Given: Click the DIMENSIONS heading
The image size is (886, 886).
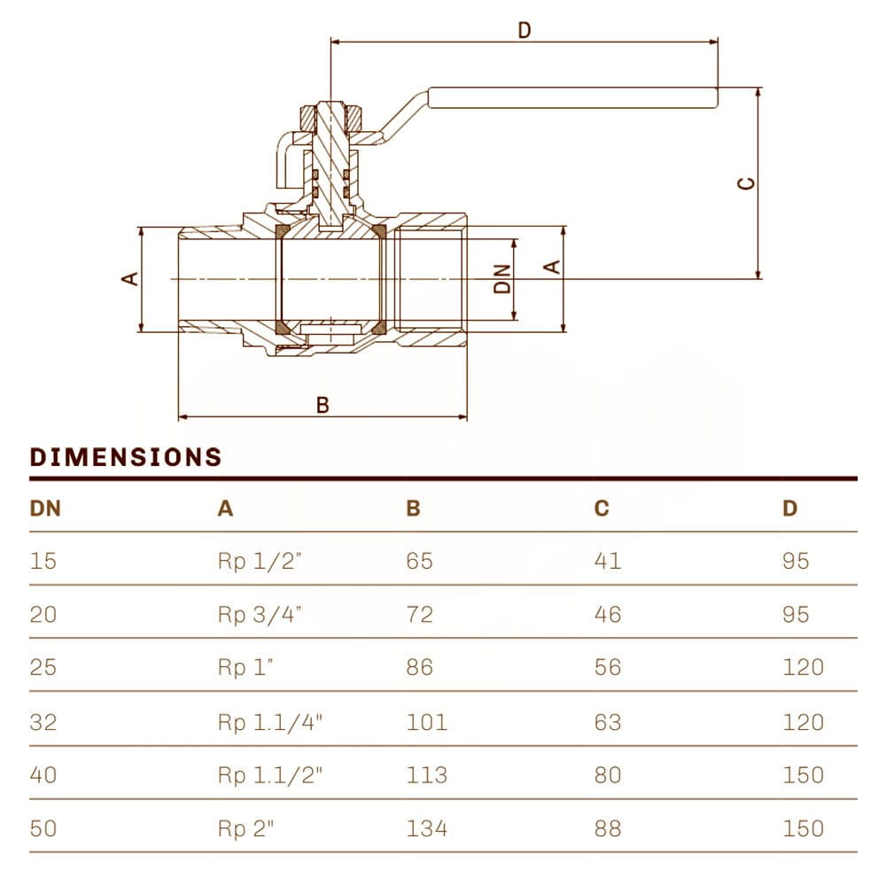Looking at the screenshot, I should (125, 457).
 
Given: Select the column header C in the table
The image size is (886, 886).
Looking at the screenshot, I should (602, 509).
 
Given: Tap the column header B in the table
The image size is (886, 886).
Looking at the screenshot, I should (414, 509).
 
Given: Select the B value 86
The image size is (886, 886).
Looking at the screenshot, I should (420, 667).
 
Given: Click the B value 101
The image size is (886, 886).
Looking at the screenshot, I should (427, 722).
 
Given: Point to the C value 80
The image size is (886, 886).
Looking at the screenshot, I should (608, 775).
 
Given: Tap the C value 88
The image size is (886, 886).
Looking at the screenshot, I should (608, 829).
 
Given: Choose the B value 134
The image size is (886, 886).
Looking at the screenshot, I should (427, 829).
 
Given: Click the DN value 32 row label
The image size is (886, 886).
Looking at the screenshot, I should (43, 722).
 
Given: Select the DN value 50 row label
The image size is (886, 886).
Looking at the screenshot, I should (43, 829).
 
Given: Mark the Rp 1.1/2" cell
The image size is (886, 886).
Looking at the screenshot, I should (270, 775).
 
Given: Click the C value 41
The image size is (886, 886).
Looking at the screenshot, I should (608, 561).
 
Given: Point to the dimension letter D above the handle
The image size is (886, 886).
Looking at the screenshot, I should (525, 30).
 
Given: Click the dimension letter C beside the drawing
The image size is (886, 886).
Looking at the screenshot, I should (747, 183).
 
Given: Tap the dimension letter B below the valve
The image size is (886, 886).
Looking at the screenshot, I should (323, 405).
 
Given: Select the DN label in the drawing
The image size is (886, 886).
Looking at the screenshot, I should (502, 279).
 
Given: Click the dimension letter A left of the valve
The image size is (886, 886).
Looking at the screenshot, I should (130, 278).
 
